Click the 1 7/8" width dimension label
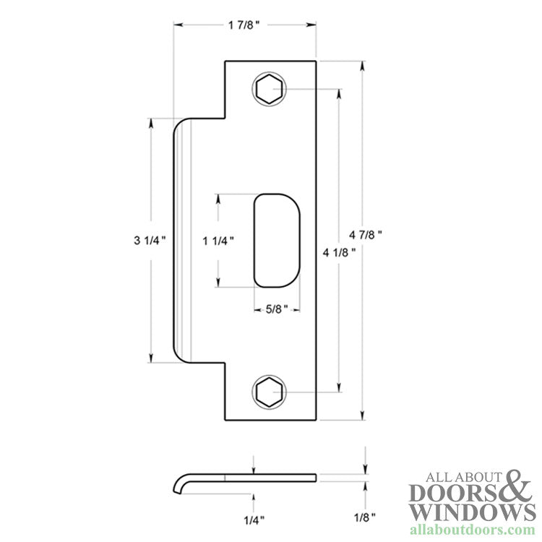244,25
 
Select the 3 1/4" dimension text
150,240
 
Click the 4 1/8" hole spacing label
338,252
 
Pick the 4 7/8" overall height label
365,235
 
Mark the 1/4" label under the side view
253,519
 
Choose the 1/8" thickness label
366,519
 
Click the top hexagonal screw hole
267,90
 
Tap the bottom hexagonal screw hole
267,392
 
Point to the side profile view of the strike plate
246,479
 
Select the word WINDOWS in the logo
467,512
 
